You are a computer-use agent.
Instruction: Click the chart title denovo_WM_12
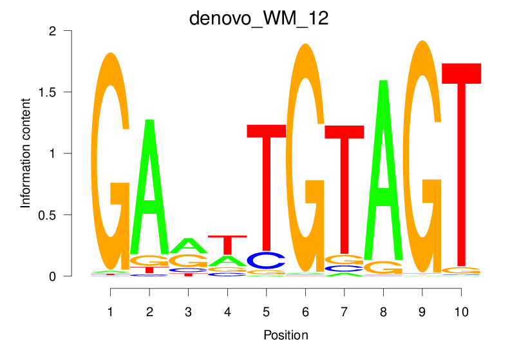[x=259, y=17]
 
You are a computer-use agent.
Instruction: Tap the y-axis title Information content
[x=26, y=153]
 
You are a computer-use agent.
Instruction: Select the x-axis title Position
[x=285, y=335]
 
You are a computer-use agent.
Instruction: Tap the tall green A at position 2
[x=149, y=187]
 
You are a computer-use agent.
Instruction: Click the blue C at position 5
[x=266, y=260]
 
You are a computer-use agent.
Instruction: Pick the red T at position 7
[x=344, y=187]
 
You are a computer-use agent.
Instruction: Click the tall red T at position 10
[x=461, y=161]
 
